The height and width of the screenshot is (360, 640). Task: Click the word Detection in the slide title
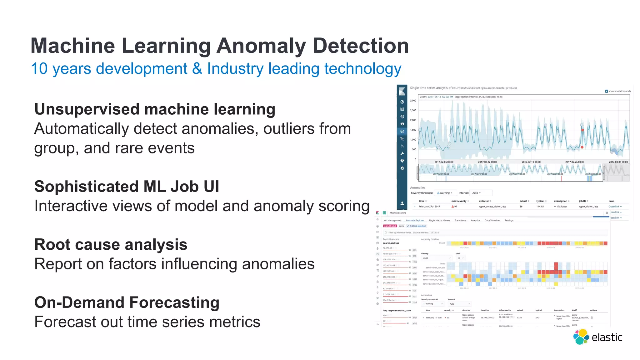[x=361, y=46]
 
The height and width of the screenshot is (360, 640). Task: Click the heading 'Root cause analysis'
[x=111, y=245]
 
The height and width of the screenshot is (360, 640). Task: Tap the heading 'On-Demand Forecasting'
[x=127, y=302]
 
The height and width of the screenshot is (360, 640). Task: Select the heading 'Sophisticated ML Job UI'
[x=127, y=187]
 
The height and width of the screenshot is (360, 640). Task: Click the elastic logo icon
[x=581, y=337]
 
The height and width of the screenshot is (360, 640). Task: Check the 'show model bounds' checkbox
[x=607, y=91]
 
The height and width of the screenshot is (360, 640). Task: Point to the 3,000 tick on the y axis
[x=413, y=101]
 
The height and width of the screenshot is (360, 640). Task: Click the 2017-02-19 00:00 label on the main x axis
[x=531, y=162]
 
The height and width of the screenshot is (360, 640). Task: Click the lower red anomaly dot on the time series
[x=582, y=147]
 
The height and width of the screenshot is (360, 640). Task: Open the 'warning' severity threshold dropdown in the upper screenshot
[x=445, y=193]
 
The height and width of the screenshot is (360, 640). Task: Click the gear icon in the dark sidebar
[x=402, y=168]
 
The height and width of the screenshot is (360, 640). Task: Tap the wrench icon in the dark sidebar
[x=402, y=153]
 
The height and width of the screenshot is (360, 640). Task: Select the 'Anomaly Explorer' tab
[x=415, y=221]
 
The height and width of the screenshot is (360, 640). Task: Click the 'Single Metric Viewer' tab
[x=439, y=221]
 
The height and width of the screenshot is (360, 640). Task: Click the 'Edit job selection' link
[x=418, y=226]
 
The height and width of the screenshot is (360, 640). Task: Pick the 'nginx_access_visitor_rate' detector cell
[x=492, y=207]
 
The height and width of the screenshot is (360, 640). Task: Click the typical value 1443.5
[x=540, y=207]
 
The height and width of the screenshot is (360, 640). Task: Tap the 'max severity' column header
[x=459, y=201]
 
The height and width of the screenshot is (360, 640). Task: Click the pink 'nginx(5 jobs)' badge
[x=390, y=226]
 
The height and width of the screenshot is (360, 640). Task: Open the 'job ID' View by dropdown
[x=437, y=258]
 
